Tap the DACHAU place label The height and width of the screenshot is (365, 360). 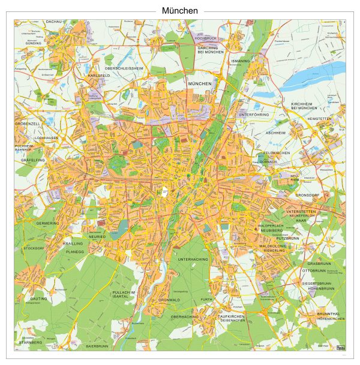click(53, 21)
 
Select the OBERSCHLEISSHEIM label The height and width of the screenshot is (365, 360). click(124, 68)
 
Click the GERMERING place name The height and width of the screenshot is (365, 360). click(48, 223)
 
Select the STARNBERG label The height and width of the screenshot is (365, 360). click(30, 342)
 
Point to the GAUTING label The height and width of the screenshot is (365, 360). click(39, 298)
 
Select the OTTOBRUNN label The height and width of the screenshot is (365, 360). click(313, 271)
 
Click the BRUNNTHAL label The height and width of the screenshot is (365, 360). click(328, 313)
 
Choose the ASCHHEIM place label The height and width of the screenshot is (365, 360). click(275, 132)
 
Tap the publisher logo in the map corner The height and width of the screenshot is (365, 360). click(341, 346)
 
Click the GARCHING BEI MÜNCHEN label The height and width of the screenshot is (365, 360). click(211, 49)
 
